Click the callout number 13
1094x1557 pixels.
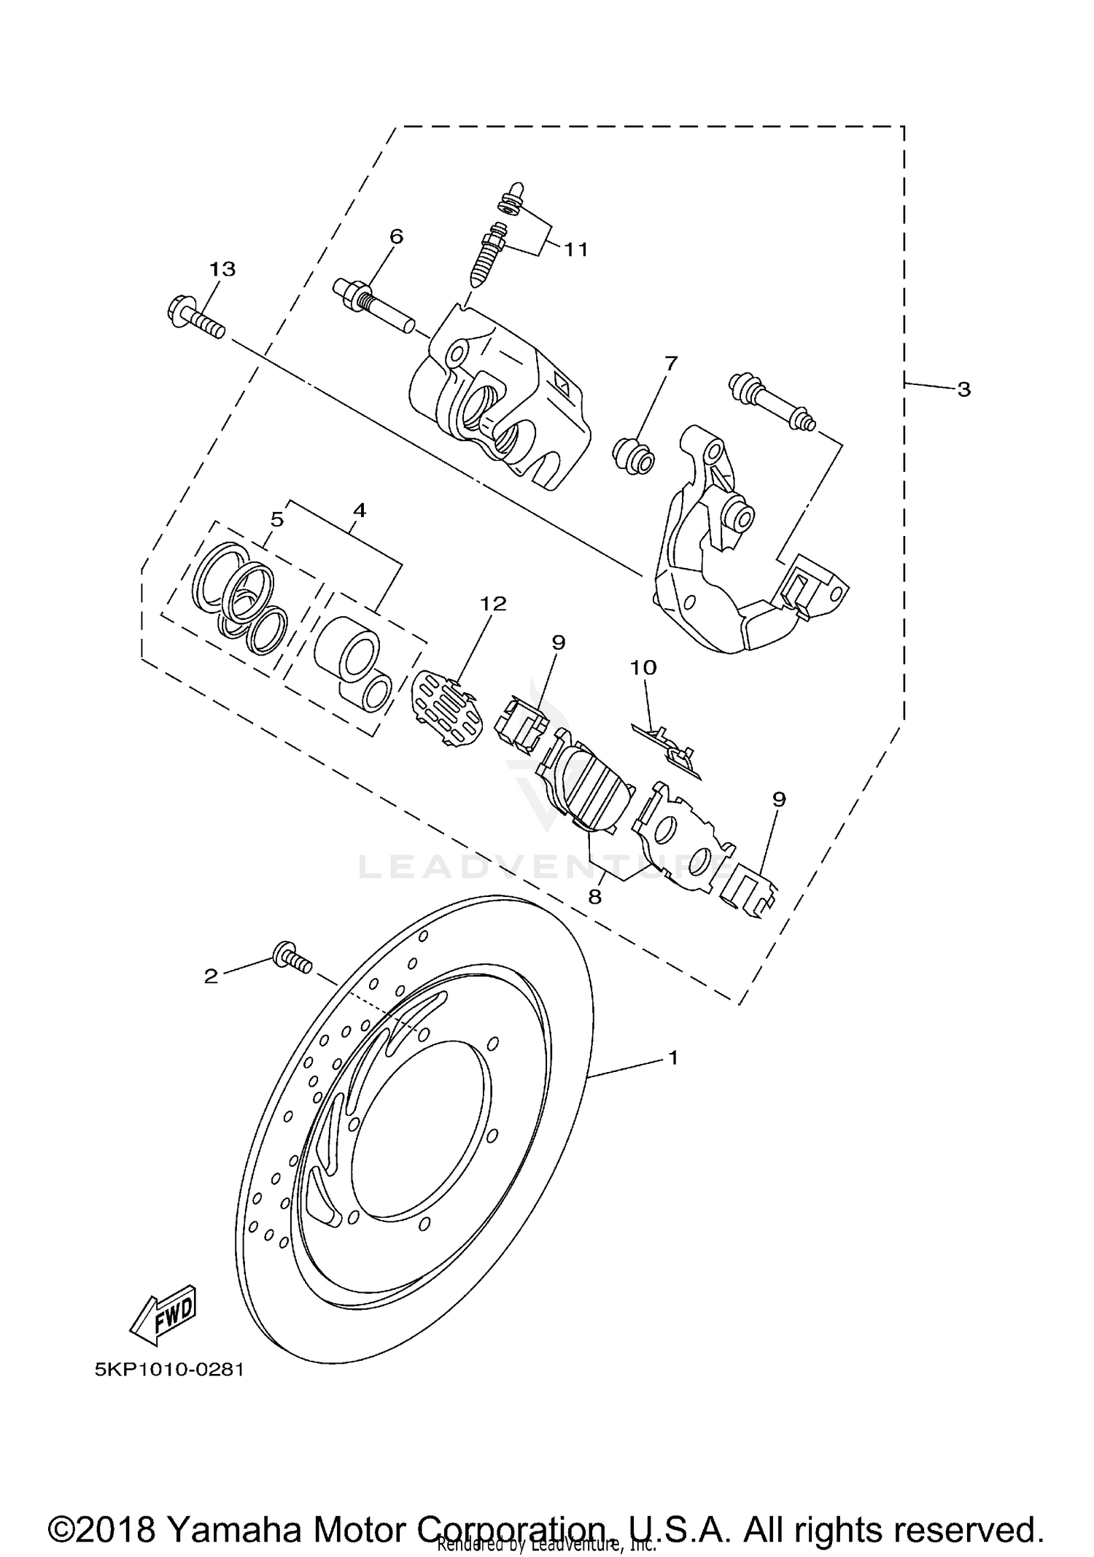(x=222, y=269)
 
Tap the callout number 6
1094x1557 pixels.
(x=395, y=236)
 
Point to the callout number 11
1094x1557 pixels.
(x=575, y=249)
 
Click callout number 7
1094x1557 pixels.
(x=670, y=362)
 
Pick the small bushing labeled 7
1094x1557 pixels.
(x=633, y=456)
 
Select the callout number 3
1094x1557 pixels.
(x=963, y=389)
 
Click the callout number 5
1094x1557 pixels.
(x=276, y=519)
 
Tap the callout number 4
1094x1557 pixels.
(x=358, y=510)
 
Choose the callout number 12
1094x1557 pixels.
(x=492, y=603)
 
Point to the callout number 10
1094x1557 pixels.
(x=643, y=667)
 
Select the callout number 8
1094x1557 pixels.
(x=594, y=896)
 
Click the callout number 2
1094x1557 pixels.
(x=211, y=976)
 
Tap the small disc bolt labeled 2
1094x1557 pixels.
(x=292, y=958)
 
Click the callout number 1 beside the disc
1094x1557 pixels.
(x=672, y=1057)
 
